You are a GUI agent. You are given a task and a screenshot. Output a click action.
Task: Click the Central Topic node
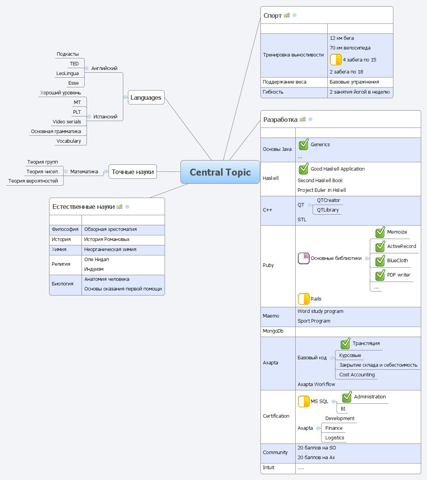click(220, 172)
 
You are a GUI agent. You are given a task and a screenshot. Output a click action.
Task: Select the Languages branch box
click(146, 97)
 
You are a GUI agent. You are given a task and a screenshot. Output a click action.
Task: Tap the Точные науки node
click(133, 172)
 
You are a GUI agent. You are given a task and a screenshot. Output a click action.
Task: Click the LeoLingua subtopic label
click(68, 73)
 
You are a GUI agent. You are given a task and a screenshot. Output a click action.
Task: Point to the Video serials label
click(67, 122)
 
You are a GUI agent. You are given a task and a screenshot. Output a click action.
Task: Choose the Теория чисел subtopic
click(42, 172)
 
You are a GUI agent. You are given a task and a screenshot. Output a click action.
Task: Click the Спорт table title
click(272, 15)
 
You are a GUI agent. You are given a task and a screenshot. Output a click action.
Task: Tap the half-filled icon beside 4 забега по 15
click(336, 60)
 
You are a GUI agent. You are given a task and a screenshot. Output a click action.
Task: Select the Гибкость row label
click(273, 92)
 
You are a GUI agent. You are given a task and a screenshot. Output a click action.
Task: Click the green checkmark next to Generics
click(304, 144)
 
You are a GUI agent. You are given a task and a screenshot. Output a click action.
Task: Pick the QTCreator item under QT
click(328, 200)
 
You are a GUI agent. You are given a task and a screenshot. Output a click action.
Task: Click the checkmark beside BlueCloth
click(380, 260)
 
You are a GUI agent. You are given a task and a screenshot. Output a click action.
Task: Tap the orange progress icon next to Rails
click(304, 299)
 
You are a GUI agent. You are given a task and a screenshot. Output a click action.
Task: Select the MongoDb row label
click(273, 331)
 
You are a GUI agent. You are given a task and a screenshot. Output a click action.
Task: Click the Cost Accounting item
click(357, 375)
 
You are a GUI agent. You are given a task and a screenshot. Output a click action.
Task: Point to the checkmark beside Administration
click(347, 396)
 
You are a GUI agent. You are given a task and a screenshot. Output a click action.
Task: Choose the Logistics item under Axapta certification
click(335, 438)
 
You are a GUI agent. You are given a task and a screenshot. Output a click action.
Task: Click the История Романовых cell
click(107, 239)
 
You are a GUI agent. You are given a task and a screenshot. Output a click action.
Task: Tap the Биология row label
click(63, 284)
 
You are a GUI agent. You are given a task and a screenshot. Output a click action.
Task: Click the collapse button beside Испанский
click(89, 116)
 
